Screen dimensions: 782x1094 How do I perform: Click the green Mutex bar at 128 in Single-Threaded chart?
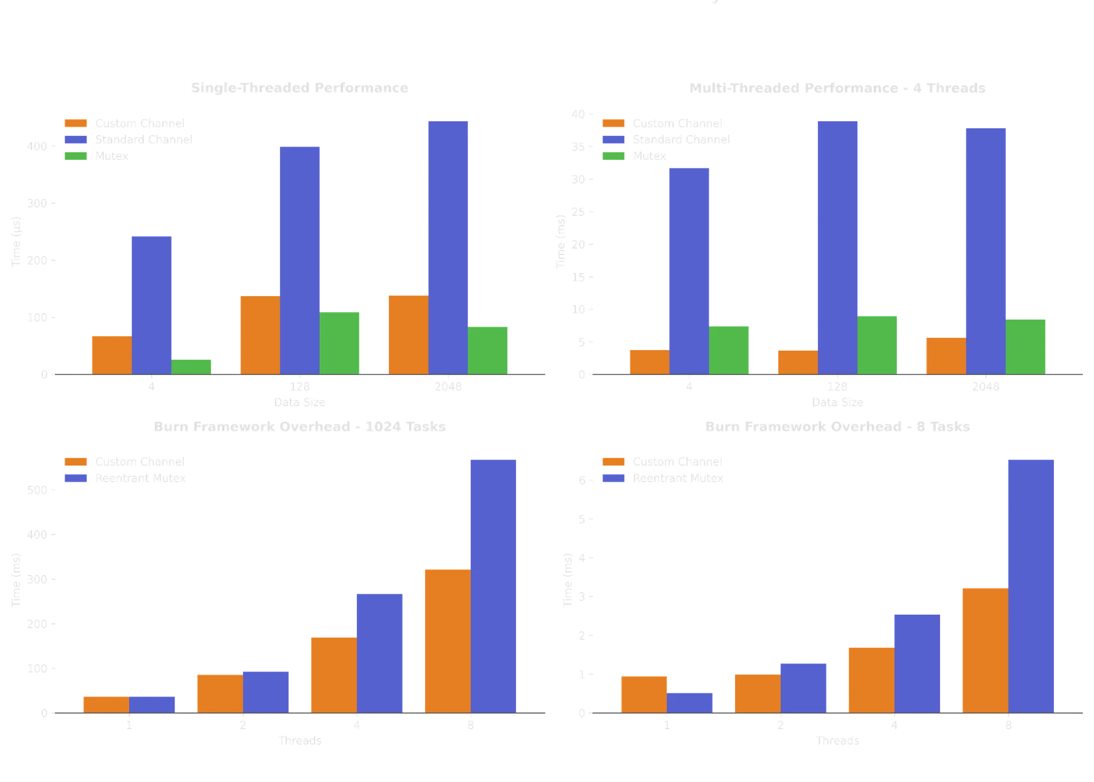pyautogui.click(x=341, y=342)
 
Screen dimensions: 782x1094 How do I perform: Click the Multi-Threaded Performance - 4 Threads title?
pyautogui.click(x=837, y=88)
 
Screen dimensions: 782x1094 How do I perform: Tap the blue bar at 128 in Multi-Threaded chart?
pyautogui.click(x=838, y=246)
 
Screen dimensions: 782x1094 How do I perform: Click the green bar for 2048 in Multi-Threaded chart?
pyautogui.click(x=1026, y=346)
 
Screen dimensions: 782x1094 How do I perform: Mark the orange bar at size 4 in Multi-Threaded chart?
pyautogui.click(x=648, y=361)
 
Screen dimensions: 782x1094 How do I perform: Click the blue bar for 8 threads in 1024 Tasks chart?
pyautogui.click(x=494, y=585)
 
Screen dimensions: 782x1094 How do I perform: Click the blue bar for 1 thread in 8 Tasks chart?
pyautogui.click(x=690, y=702)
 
